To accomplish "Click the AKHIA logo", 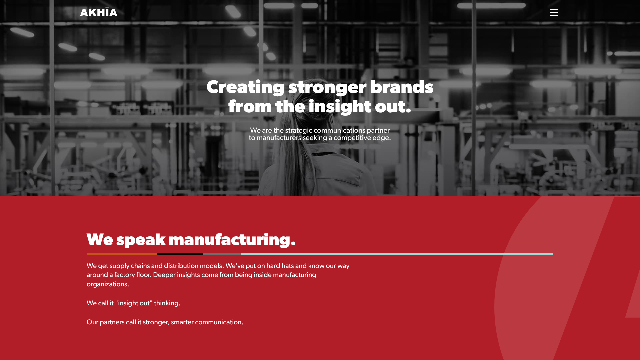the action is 99,12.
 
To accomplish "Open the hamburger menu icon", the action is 554,13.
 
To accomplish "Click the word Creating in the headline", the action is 245,88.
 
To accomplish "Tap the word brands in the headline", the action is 401,87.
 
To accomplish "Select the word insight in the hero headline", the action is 340,107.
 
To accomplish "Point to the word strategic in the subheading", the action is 299,131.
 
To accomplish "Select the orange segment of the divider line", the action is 122,254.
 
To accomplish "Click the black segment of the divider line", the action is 180,254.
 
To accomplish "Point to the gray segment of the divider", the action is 222,254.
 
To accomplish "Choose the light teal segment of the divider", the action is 397,254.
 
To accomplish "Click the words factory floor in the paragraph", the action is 133,275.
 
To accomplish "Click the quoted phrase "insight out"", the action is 134,303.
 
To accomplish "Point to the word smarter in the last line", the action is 182,322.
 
